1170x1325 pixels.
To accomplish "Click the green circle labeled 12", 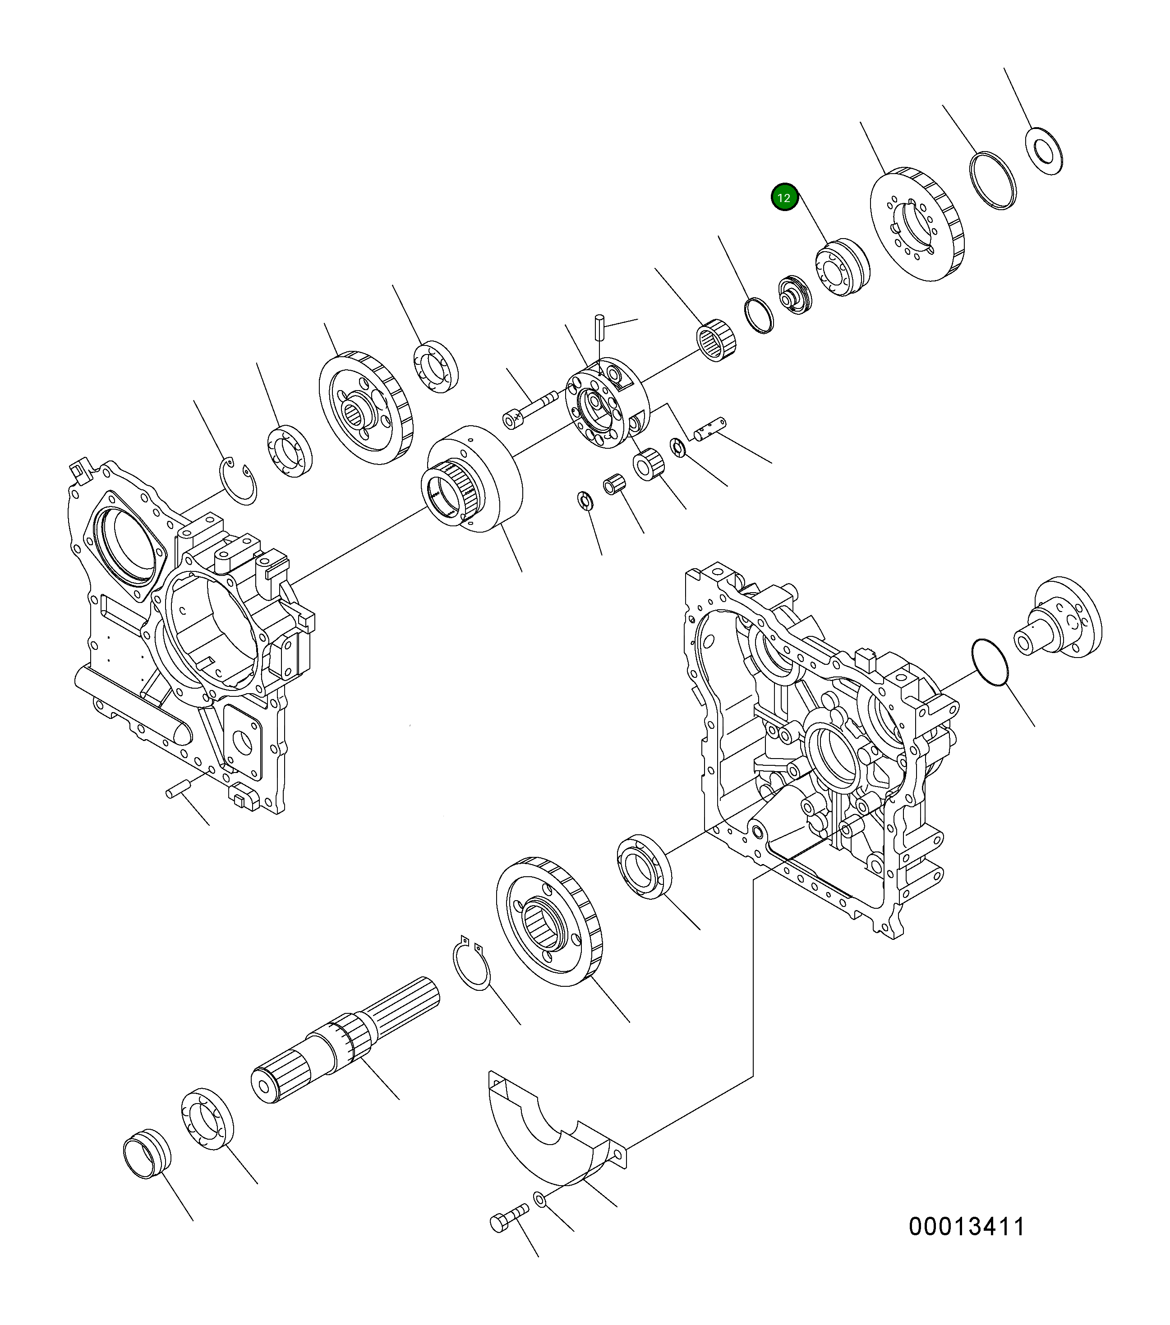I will [784, 198].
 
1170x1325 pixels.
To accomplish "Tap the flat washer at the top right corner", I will [1044, 152].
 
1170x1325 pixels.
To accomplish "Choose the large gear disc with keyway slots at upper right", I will [917, 224].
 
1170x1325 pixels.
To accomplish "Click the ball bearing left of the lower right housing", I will [642, 868].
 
